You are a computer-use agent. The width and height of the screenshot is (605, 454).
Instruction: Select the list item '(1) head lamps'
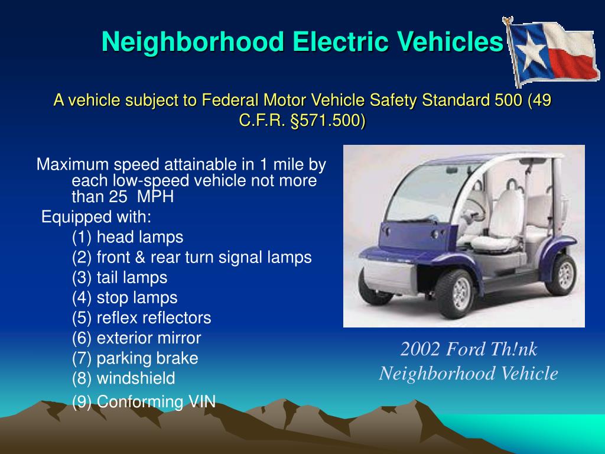tap(128, 238)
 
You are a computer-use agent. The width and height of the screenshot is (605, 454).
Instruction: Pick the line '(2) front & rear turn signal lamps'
tap(192, 258)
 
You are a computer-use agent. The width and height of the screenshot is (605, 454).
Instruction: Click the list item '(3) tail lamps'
tap(120, 278)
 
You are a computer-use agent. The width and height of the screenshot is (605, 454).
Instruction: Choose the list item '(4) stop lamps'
tap(125, 298)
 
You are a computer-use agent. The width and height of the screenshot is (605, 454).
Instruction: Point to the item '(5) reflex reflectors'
tap(141, 318)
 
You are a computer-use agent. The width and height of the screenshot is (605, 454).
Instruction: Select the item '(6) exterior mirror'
tap(136, 338)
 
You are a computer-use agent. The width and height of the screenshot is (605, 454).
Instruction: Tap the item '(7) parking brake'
tap(135, 358)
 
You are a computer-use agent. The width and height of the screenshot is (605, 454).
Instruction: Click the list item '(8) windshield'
tap(123, 378)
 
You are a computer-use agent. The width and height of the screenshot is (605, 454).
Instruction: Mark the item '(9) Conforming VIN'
tap(144, 402)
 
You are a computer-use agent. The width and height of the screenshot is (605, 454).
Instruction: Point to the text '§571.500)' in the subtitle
tap(328, 121)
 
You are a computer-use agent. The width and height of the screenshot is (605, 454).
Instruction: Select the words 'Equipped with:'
tap(96, 217)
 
